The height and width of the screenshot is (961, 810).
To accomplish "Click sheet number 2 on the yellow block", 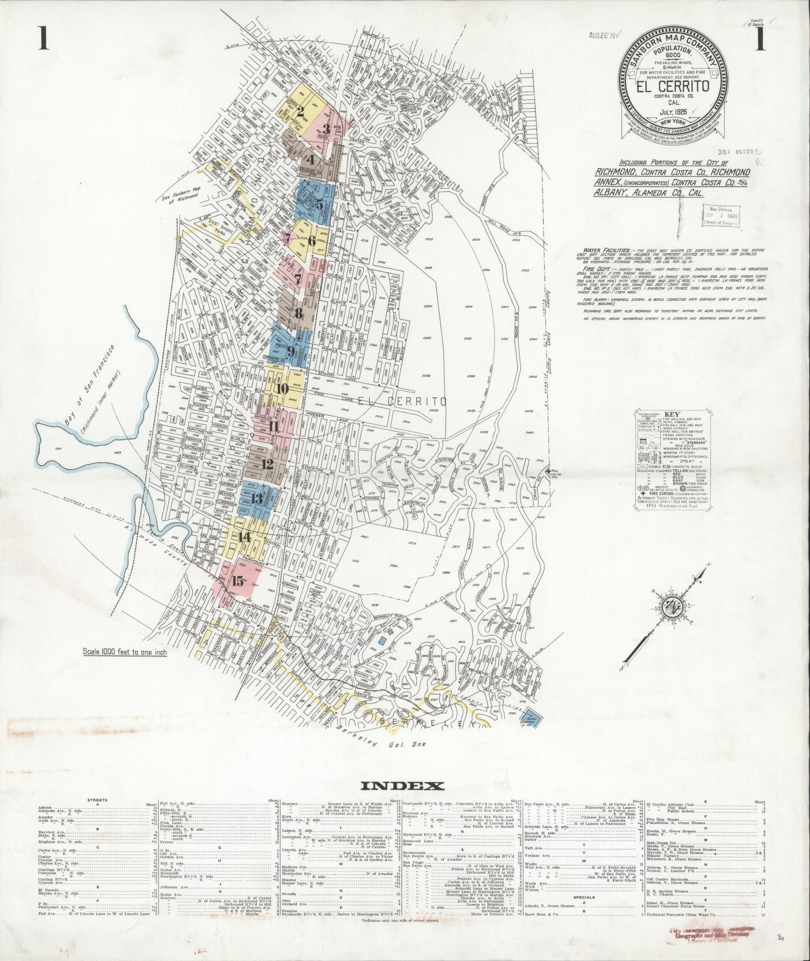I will pos(300,111).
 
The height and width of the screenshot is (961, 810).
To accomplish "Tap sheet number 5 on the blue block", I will pos(319,204).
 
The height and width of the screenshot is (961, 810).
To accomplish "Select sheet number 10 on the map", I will pos(282,388).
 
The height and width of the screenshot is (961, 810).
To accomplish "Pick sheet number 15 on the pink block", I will pos(238,581).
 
